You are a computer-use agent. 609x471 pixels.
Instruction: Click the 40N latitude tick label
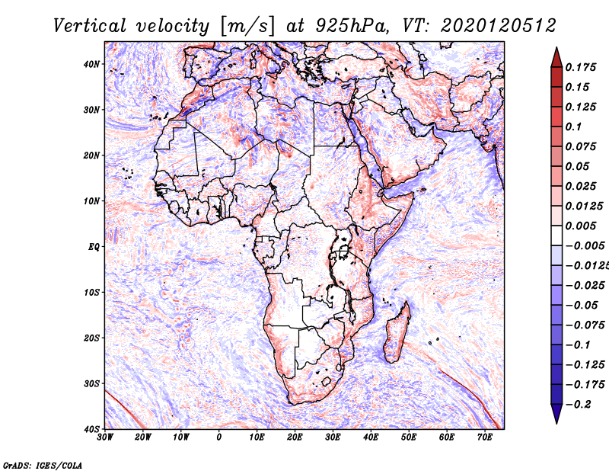pyautogui.click(x=91, y=64)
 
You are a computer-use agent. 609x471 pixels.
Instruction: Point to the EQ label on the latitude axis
pyautogui.click(x=94, y=247)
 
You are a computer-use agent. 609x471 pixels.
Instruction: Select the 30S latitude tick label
pyautogui.click(x=91, y=384)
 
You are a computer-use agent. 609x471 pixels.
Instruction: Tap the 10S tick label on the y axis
pyautogui.click(x=91, y=293)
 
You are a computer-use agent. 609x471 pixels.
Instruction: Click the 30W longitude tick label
pyautogui.click(x=105, y=437)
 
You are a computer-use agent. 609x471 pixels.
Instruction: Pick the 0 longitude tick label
pyautogui.click(x=219, y=437)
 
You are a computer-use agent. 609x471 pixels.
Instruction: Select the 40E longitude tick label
pyautogui.click(x=371, y=437)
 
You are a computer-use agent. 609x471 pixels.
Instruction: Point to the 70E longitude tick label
pyautogui.click(x=485, y=437)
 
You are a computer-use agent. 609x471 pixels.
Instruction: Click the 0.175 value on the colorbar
pyautogui.click(x=580, y=67)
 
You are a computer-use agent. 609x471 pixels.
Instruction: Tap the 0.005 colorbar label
pyautogui.click(x=580, y=226)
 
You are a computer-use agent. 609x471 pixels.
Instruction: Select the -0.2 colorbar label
pyautogui.click(x=578, y=404)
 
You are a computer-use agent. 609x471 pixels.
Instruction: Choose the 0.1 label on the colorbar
pyautogui.click(x=573, y=127)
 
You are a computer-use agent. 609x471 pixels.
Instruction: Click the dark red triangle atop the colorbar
pyautogui.click(x=556, y=58)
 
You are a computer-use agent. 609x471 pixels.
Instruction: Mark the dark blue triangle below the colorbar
pyautogui.click(x=556, y=414)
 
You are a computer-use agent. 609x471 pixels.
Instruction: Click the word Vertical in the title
pyautogui.click(x=90, y=26)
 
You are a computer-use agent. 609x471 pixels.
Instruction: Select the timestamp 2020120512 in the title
pyautogui.click(x=499, y=26)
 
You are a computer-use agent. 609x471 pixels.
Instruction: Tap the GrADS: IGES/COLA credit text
pyautogui.click(x=43, y=465)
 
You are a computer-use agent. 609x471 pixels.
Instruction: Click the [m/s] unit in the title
pyautogui.click(x=248, y=26)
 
